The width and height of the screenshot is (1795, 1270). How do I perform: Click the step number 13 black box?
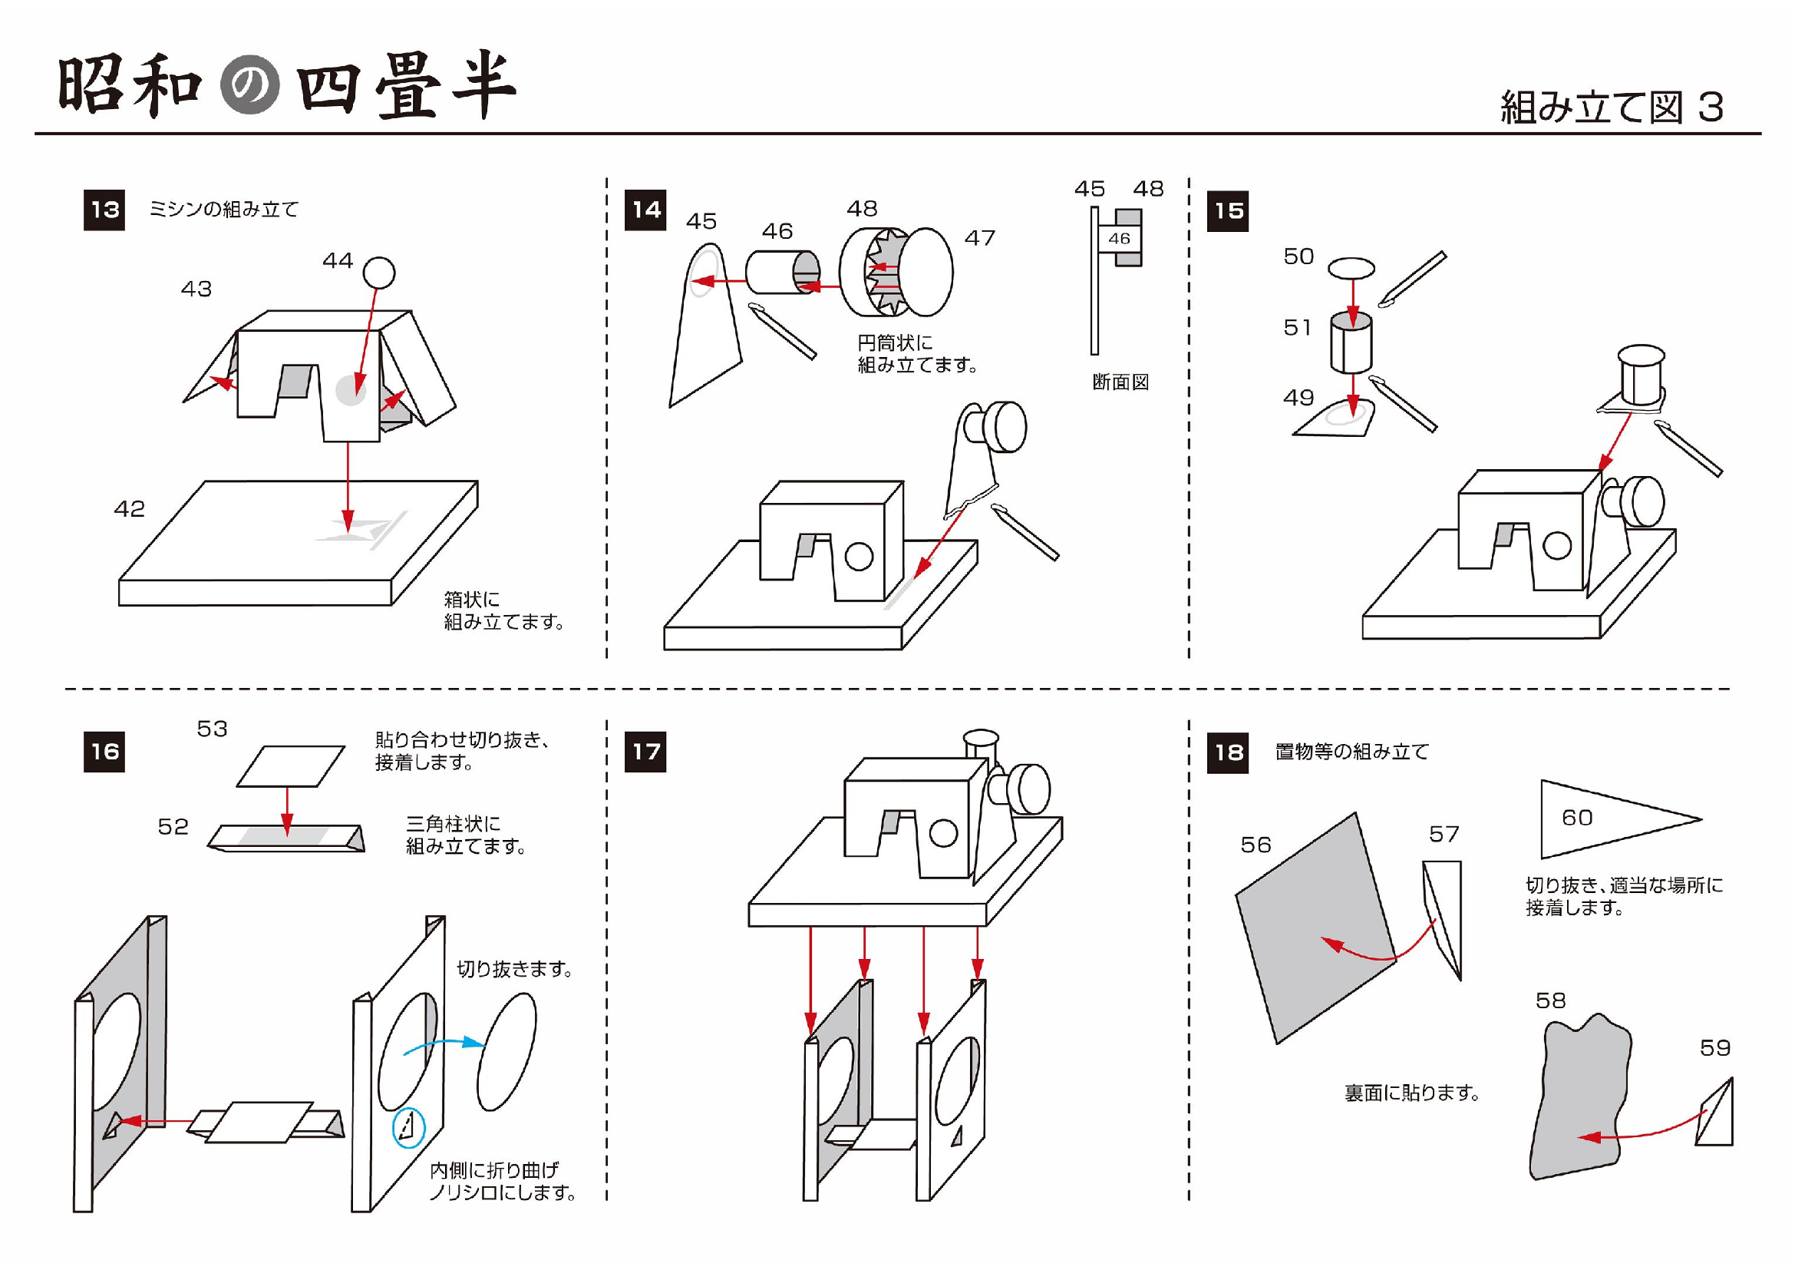pos(104,210)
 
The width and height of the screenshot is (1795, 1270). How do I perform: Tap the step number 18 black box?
pos(1227,752)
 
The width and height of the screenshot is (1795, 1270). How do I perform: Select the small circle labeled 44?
pos(379,273)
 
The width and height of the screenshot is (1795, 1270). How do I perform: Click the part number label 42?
pos(130,509)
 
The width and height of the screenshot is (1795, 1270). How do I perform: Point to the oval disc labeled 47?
pos(927,271)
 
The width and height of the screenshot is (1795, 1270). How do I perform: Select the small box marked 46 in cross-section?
pos(1119,239)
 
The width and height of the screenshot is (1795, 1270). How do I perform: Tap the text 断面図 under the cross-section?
pos(1120,382)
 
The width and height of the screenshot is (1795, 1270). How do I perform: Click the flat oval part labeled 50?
pos(1351,268)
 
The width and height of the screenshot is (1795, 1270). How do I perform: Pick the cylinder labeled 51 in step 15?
pos(1351,344)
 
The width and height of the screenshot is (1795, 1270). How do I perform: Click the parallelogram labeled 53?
pos(291,766)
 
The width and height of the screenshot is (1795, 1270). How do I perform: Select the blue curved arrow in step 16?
pos(442,1046)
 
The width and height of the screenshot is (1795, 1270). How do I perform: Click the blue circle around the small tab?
pos(408,1128)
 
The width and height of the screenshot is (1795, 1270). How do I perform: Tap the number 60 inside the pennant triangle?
pos(1577,818)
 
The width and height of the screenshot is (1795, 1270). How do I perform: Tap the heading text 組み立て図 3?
pos(1612,107)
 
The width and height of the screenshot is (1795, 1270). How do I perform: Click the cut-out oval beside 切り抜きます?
pos(507,1051)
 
